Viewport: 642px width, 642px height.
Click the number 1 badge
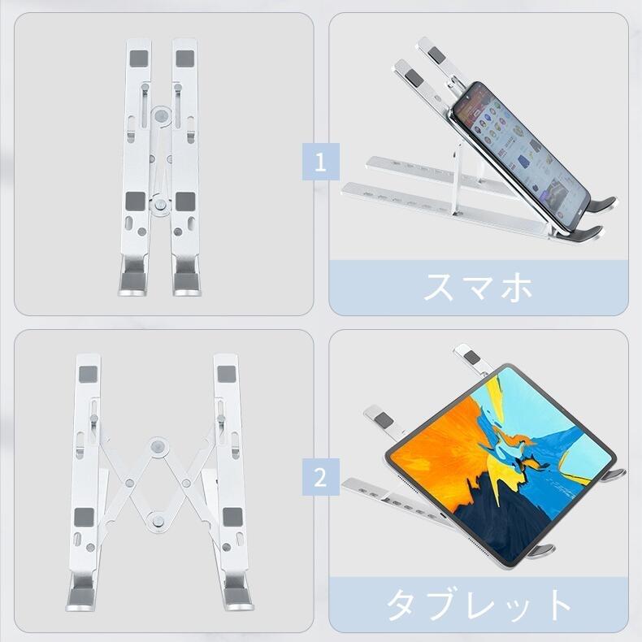coord(320,162)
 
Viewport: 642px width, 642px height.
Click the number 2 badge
coord(320,477)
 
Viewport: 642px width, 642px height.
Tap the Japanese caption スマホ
coord(478,288)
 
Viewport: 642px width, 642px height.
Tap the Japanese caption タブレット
coord(478,605)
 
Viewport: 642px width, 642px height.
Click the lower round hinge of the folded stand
coord(161,203)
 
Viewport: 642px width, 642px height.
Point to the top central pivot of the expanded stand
coord(158,447)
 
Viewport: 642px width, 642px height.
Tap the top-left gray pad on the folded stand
coord(139,59)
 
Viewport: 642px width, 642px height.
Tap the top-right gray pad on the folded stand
coord(185,59)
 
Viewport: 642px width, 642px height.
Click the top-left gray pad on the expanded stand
coord(88,374)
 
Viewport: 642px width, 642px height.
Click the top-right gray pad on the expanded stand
coord(227,374)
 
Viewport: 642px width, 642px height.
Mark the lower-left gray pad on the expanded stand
coord(84,518)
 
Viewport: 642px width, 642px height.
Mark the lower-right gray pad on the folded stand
coord(185,202)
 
